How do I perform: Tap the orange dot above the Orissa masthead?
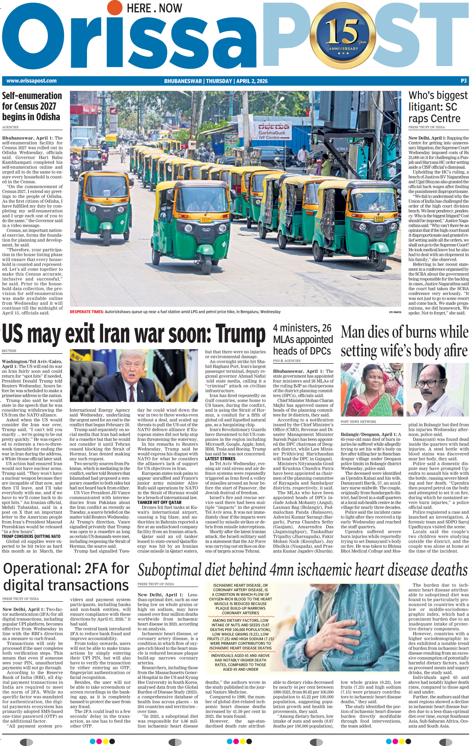[115, 7]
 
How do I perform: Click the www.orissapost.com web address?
[31, 81]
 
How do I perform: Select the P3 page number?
[463, 81]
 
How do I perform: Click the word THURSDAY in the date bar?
[219, 81]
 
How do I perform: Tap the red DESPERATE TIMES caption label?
[86, 312]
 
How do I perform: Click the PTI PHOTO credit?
[395, 312]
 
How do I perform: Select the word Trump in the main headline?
[240, 334]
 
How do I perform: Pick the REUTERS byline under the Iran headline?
[9, 351]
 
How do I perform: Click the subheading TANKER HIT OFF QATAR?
[159, 502]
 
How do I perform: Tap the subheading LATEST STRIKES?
[220, 458]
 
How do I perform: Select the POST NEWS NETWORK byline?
[358, 422]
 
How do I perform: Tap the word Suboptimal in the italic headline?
[169, 570]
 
